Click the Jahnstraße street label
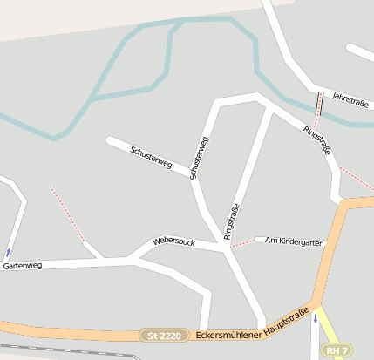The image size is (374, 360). tap(351, 101)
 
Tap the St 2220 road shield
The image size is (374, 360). tap(165, 335)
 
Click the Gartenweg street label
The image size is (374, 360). tap(23, 264)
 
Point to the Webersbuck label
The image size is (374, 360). tap(173, 241)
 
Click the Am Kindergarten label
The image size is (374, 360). tap(294, 240)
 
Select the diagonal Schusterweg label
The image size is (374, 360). tap(151, 158)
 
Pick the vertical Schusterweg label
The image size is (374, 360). tap(199, 158)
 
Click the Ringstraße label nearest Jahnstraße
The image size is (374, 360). tap(317, 139)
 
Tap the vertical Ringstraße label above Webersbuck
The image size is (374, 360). tap(231, 221)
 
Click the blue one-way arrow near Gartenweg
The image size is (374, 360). tap(9, 252)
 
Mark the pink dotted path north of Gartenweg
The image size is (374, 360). tap(67, 213)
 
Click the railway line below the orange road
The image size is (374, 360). tap(70, 353)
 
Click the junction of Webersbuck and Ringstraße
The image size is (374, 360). tap(230, 248)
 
